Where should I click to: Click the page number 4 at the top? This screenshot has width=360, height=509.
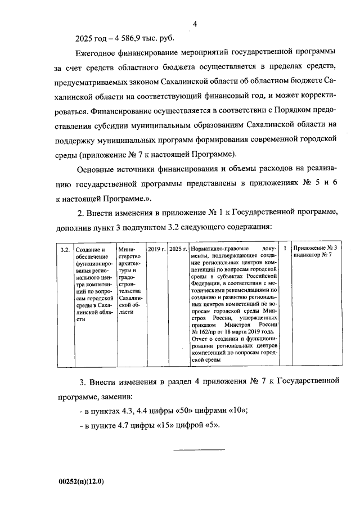tap(195, 24)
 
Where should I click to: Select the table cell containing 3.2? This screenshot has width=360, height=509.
tap(64, 249)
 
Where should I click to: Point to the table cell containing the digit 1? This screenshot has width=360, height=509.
tap(285, 248)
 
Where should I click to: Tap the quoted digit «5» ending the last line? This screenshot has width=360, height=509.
tap(212, 425)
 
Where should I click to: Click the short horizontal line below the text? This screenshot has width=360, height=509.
tap(198, 449)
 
